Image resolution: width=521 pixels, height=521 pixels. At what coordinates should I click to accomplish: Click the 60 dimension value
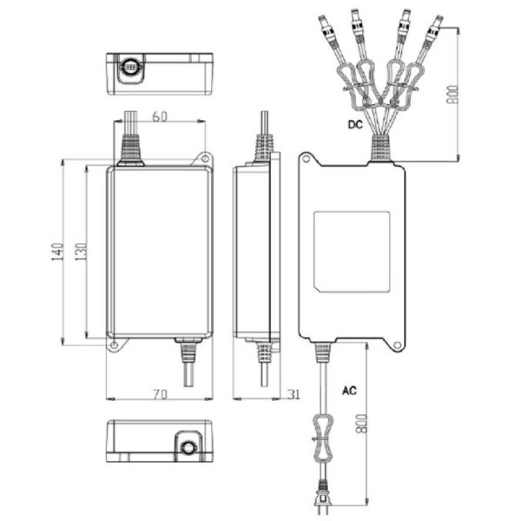click(x=160, y=117)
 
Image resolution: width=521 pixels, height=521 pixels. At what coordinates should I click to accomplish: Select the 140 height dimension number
click(x=57, y=251)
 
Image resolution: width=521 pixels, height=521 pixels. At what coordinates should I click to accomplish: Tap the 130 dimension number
click(x=81, y=251)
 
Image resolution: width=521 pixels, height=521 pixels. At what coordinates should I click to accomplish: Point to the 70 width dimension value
click(x=160, y=394)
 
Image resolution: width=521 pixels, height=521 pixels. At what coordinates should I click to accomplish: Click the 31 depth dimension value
click(x=294, y=395)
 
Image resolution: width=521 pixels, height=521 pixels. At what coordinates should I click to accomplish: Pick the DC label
click(x=355, y=124)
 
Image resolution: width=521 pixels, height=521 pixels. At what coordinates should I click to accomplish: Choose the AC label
click(x=349, y=390)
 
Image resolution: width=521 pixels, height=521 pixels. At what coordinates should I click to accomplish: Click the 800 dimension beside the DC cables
click(x=453, y=94)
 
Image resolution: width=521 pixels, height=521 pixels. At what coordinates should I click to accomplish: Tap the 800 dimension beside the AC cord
click(x=361, y=423)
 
